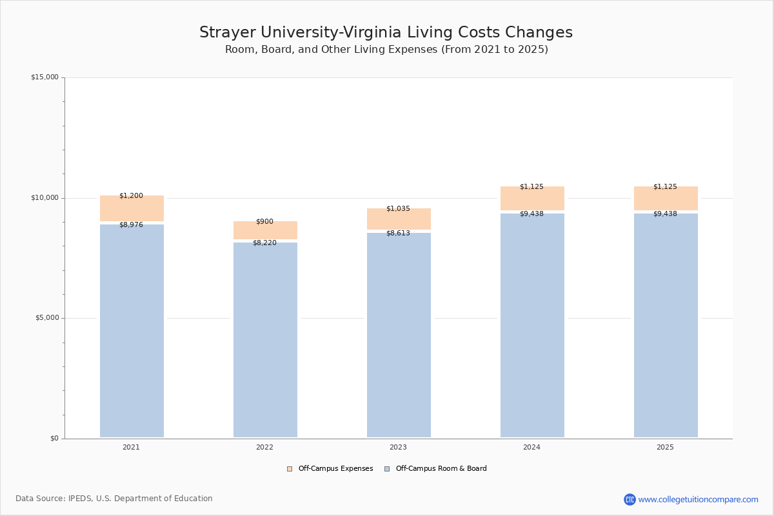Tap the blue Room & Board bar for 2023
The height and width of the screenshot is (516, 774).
coord(399,335)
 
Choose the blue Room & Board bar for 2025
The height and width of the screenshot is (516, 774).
coord(666,326)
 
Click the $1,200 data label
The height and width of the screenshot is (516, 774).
coord(131,195)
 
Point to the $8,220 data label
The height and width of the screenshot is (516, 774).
coord(264,243)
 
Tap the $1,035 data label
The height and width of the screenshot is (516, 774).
coord(398,208)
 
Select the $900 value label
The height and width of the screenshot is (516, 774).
coord(264,221)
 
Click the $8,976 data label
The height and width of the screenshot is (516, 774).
coord(131,224)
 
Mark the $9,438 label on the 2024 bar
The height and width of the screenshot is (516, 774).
coord(531,213)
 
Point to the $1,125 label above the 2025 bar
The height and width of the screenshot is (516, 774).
coord(665,186)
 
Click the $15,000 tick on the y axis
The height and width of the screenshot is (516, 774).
coord(45,77)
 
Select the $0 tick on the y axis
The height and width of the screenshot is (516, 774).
coord(54,439)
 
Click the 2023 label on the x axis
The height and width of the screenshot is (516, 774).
coord(398,447)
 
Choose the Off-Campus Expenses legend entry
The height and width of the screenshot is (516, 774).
coord(330,469)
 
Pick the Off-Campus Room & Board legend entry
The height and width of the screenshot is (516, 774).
coord(435,469)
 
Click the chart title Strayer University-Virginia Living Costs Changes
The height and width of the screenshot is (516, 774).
coord(386,33)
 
